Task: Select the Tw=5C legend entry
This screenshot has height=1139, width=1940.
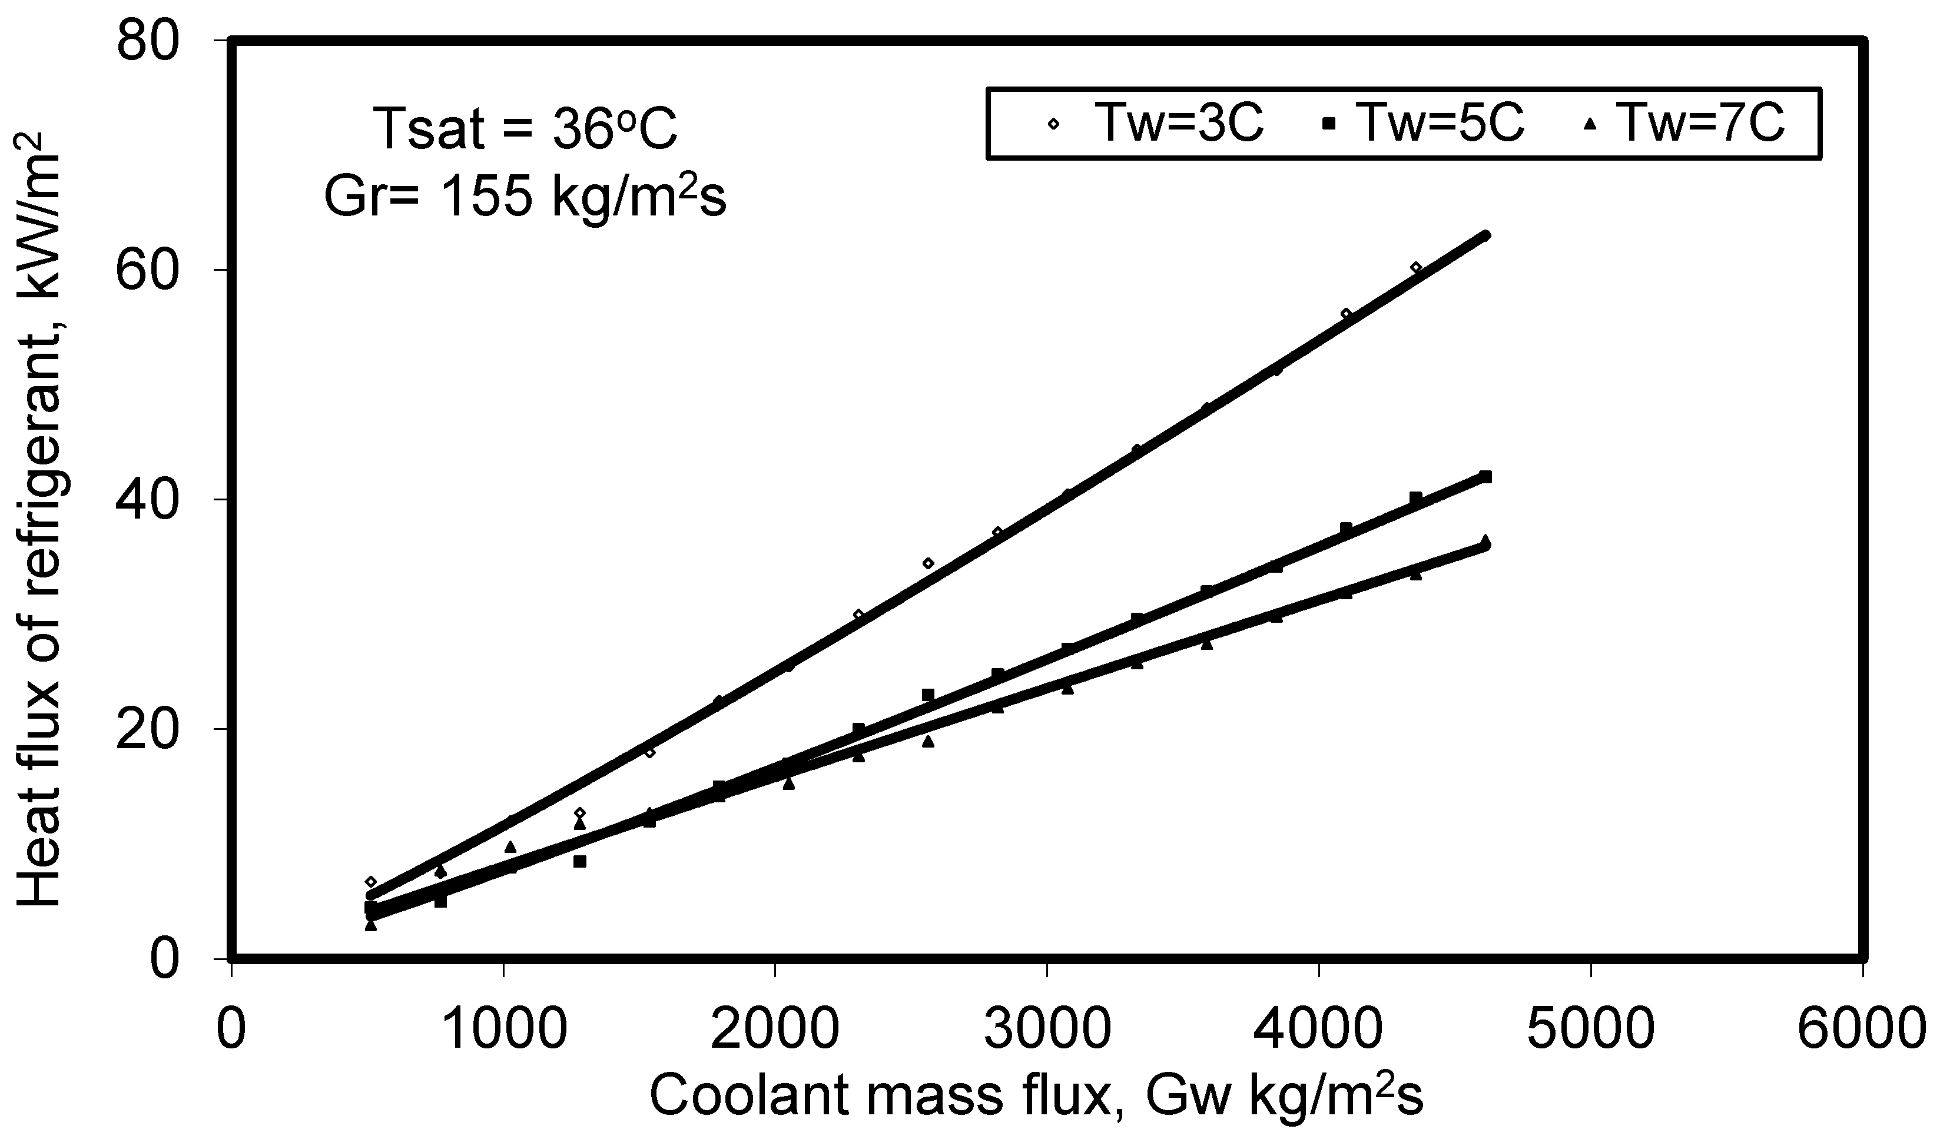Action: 1424,123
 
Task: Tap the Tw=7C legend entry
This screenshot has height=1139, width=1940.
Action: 1686,123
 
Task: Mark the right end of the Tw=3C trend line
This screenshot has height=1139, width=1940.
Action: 1486,235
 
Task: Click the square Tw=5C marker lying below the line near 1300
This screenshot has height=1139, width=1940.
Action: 580,861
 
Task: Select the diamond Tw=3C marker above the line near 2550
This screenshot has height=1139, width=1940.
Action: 928,563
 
